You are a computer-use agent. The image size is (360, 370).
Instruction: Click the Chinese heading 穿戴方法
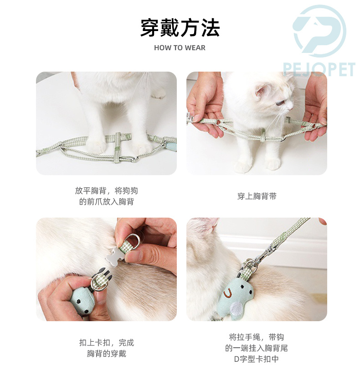[x=180, y=28]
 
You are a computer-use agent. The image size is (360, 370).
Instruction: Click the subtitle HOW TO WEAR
[x=180, y=47]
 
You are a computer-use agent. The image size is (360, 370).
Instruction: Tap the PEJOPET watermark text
[x=319, y=69]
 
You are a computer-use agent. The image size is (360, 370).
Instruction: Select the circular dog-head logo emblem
[x=319, y=31]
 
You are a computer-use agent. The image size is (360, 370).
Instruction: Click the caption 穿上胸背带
[x=257, y=196]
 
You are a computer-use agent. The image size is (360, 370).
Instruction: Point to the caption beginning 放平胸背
[x=106, y=196]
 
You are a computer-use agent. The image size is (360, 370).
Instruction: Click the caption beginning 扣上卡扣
[x=106, y=348]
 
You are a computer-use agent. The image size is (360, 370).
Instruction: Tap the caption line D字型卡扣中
[x=257, y=359]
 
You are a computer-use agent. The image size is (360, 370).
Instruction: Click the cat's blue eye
[x=280, y=103]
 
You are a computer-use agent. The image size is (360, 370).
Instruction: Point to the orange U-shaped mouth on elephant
[x=228, y=293]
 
